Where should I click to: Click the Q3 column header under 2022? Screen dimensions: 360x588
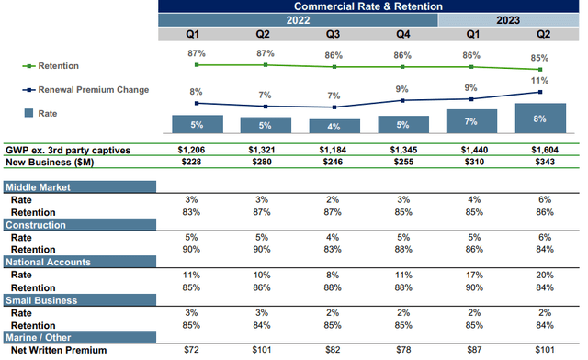[334, 35]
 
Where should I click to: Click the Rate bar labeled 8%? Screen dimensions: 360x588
[540, 118]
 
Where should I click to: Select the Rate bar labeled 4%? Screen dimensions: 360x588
[334, 126]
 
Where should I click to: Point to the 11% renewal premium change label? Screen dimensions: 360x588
[540, 81]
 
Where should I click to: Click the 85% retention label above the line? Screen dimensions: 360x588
[540, 56]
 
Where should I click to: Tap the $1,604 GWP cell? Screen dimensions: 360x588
[540, 150]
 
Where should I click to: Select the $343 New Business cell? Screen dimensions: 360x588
[540, 163]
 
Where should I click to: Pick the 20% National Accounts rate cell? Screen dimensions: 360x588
[540, 275]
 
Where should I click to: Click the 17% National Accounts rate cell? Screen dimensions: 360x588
[471, 275]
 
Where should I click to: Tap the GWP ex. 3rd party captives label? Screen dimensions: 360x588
[70, 150]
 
